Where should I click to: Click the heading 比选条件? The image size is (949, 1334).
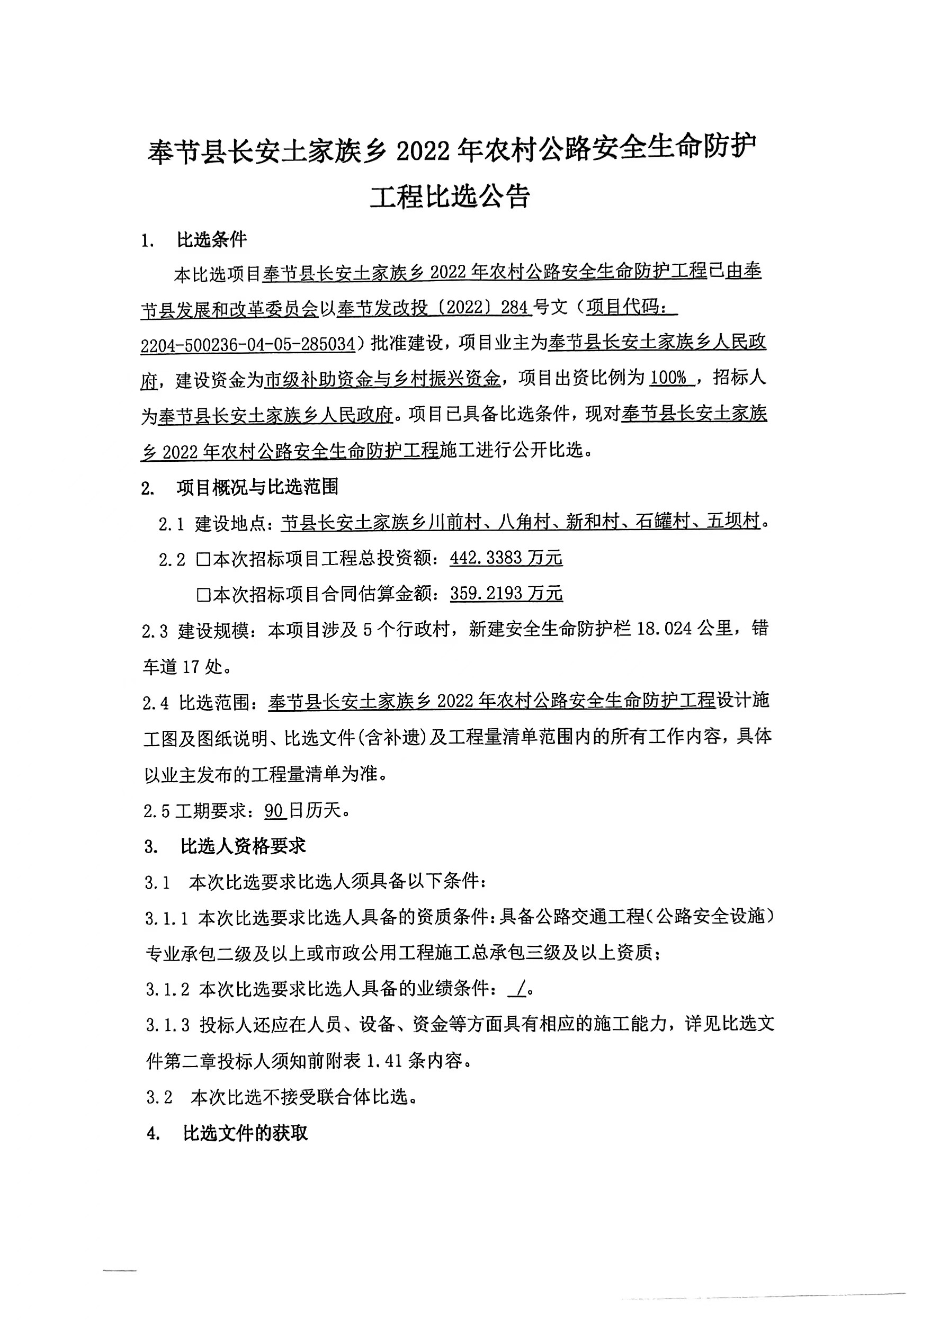click(211, 239)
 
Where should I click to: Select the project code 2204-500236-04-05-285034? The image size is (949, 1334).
click(248, 345)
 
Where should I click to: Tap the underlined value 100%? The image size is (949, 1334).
click(668, 378)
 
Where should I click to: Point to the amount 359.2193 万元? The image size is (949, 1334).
click(506, 594)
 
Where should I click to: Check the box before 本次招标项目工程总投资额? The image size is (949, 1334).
click(203, 559)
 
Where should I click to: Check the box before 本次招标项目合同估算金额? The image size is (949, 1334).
click(203, 595)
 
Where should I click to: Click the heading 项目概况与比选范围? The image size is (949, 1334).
click(257, 487)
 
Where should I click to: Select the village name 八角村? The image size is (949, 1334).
click(525, 521)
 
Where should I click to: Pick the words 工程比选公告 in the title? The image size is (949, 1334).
click(450, 197)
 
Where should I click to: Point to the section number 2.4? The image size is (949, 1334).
click(156, 702)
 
